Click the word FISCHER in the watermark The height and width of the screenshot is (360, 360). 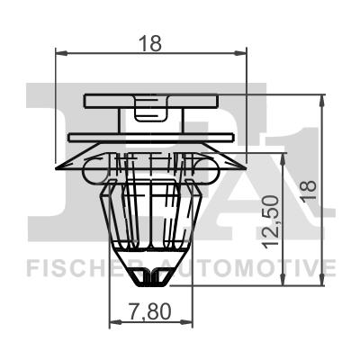tap(79, 267)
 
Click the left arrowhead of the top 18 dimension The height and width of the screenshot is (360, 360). tap(59, 55)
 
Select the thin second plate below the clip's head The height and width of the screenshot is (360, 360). tap(151, 137)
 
